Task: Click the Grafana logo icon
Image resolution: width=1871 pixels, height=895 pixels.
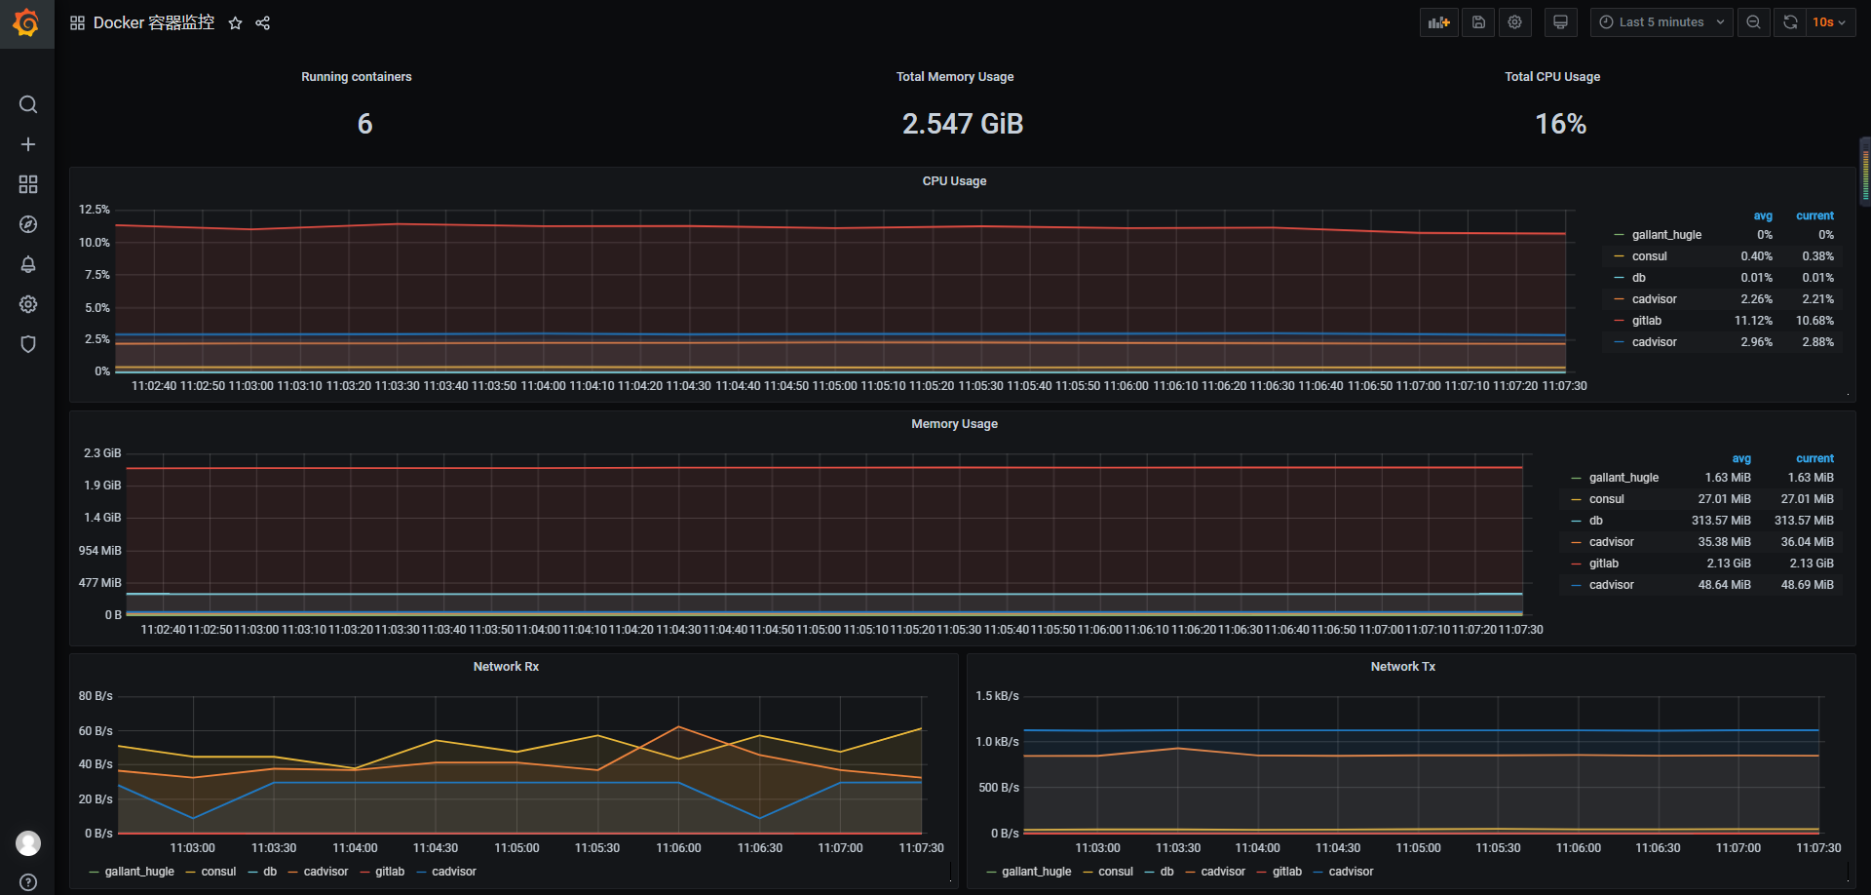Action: [26, 22]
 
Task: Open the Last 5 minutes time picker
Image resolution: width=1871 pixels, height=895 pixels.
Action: [1661, 22]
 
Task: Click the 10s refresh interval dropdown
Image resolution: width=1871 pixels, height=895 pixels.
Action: [1828, 22]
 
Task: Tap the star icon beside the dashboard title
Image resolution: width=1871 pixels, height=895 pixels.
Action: [235, 23]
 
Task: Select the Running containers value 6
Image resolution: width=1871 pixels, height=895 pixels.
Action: [364, 124]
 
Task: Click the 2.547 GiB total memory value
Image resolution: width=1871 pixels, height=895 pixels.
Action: [962, 124]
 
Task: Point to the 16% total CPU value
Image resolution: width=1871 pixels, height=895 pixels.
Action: [1560, 124]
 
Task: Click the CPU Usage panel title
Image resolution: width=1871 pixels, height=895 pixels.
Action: [954, 181]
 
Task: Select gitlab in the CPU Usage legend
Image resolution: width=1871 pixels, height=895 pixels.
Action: [1646, 321]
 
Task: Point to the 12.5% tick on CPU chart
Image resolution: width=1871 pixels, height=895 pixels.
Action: [95, 210]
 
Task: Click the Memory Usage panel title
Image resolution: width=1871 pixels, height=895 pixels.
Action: [954, 424]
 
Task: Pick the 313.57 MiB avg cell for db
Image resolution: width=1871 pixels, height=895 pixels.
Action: [1721, 521]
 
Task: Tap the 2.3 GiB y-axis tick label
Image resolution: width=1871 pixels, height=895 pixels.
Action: [102, 453]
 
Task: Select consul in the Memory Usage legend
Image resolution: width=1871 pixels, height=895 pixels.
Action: [1606, 499]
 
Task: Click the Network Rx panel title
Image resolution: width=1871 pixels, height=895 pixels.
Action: [506, 667]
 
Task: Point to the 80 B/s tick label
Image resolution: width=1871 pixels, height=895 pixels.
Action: [95, 696]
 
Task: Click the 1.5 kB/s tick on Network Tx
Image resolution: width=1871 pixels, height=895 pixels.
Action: [997, 696]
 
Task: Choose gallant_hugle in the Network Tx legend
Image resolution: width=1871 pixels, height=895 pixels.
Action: [1036, 872]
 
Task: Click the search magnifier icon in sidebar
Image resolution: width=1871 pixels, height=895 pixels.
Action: [28, 104]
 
